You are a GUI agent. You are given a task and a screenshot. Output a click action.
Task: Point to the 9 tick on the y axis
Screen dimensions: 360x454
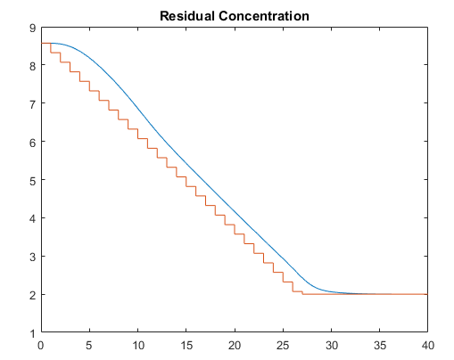[32, 28]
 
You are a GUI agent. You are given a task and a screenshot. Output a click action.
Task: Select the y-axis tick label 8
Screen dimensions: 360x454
[32, 66]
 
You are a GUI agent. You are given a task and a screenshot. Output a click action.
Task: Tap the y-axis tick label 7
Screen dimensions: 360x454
[32, 104]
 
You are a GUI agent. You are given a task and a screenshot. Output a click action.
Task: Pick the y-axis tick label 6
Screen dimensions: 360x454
[32, 143]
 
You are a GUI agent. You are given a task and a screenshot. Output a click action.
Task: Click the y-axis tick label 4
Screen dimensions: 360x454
[32, 218]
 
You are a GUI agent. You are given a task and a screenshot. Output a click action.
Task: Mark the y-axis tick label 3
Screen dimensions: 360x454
[32, 257]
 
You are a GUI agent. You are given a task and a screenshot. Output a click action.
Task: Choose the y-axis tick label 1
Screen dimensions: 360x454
[32, 332]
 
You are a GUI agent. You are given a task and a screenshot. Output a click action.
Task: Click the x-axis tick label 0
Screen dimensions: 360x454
[41, 344]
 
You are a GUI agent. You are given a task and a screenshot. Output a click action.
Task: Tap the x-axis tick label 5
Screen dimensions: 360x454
[89, 344]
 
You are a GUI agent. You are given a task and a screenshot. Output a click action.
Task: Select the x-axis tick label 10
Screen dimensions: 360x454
[137, 344]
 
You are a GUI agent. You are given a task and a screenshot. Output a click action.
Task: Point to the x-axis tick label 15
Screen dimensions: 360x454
[186, 344]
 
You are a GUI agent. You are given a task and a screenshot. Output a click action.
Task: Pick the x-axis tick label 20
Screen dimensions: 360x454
[234, 344]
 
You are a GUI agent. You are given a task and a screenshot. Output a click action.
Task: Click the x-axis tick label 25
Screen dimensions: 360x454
[283, 344]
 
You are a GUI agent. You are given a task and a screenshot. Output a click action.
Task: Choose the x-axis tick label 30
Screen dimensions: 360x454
[331, 344]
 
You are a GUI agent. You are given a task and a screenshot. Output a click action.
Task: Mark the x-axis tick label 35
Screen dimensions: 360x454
[379, 344]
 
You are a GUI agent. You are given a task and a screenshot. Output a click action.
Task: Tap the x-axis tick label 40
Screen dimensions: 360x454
[427, 344]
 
